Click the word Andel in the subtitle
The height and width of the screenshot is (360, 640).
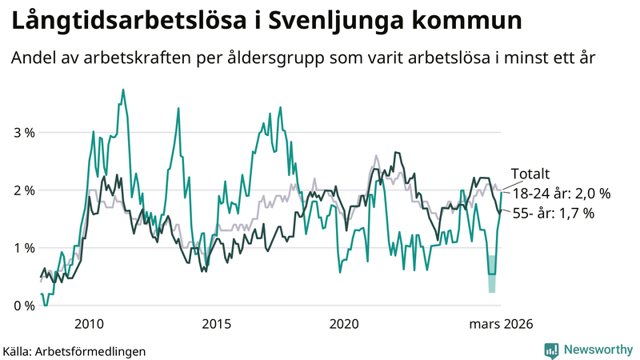33,58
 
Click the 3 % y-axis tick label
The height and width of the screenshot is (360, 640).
24,133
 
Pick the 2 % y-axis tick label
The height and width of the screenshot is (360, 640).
24,190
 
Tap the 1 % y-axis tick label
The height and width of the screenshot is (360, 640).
24,248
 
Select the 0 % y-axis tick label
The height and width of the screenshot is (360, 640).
24,306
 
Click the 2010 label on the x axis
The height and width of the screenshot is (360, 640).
88,324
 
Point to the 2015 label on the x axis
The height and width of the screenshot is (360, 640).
216,324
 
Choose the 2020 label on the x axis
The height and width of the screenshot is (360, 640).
344,324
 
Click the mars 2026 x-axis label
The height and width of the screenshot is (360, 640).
501,324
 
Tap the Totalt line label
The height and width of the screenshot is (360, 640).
530,175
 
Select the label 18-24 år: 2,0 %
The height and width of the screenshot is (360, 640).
561,194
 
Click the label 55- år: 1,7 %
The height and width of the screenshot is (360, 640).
554,214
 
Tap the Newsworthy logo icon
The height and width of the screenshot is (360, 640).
551,350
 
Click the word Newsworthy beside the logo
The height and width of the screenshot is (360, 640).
598,350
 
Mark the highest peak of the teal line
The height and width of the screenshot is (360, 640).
122,90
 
